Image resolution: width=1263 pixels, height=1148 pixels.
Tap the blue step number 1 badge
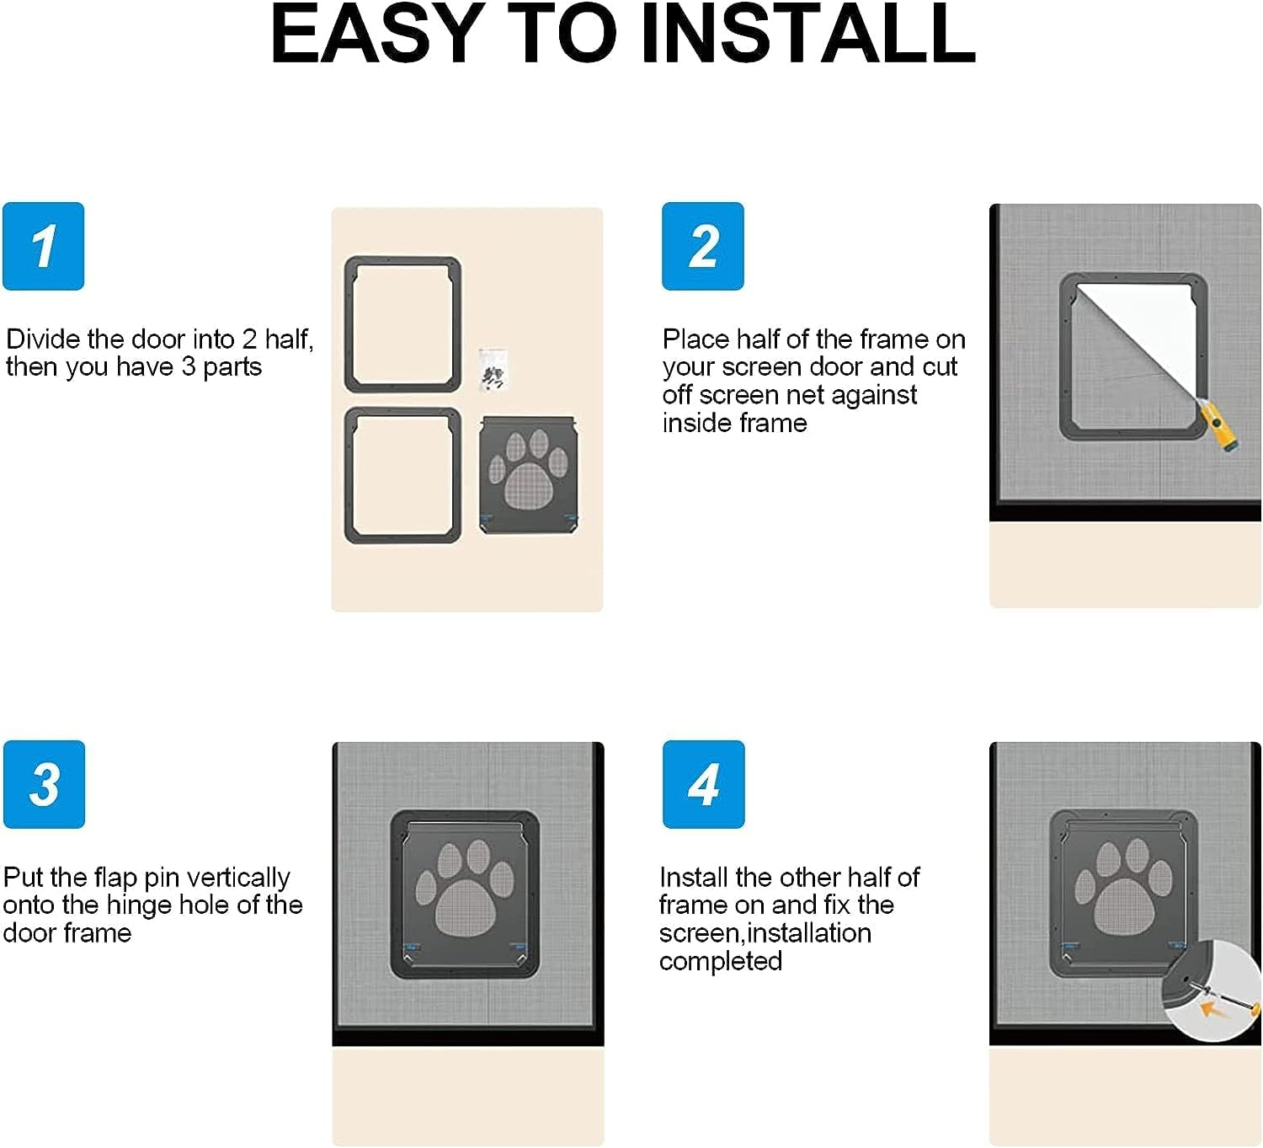pyautogui.click(x=44, y=246)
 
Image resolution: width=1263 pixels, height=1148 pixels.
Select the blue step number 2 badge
pyautogui.click(x=702, y=246)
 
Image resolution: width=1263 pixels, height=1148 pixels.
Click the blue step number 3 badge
pyautogui.click(x=44, y=784)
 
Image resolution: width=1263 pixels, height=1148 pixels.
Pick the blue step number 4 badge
pyautogui.click(x=703, y=784)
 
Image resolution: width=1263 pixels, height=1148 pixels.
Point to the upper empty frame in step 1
pyautogui.click(x=403, y=325)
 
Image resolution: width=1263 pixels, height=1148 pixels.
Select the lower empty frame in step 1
pyautogui.click(x=403, y=475)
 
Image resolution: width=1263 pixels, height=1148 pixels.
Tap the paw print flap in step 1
pyautogui.click(x=529, y=474)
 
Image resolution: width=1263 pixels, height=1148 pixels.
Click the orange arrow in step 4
pyautogui.click(x=1211, y=1007)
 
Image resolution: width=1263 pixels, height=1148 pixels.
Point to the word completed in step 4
pyautogui.click(x=720, y=961)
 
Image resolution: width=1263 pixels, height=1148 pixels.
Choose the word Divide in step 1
pyautogui.click(x=43, y=339)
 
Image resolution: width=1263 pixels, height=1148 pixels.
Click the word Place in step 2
pyautogui.click(x=695, y=339)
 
